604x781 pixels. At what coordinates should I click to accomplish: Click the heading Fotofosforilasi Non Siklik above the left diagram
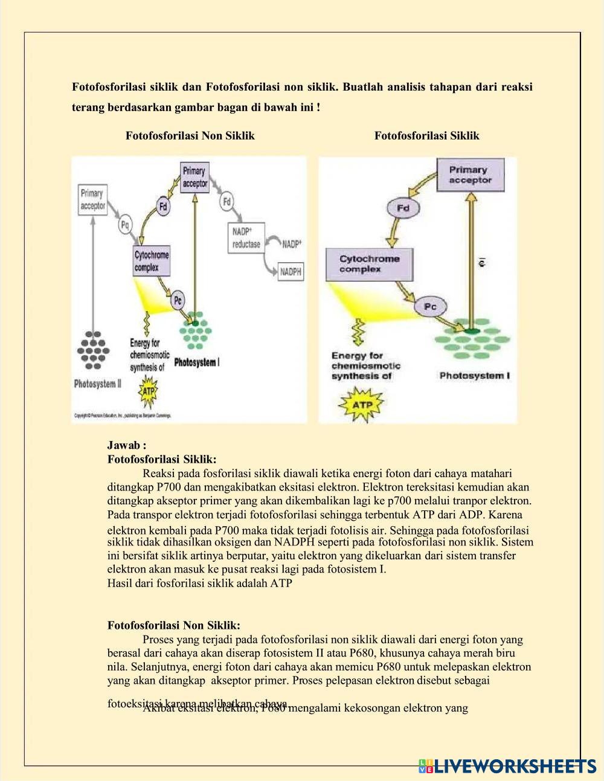(x=190, y=136)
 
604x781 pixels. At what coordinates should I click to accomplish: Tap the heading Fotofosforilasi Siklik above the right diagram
(x=426, y=136)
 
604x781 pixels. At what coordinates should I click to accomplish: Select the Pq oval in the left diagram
(x=125, y=225)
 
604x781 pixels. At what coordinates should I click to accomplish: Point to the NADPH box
(x=291, y=272)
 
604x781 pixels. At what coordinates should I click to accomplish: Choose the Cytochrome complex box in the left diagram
(x=152, y=261)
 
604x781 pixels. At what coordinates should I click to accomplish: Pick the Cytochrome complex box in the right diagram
(x=369, y=264)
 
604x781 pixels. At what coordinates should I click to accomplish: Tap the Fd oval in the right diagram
(x=403, y=208)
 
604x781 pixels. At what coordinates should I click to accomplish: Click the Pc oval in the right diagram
(x=429, y=307)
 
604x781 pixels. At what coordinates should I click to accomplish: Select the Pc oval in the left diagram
(x=178, y=300)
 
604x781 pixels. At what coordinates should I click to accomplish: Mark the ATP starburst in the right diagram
(x=361, y=403)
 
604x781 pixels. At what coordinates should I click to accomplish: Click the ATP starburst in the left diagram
(x=148, y=391)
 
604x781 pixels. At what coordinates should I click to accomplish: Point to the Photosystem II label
(x=97, y=384)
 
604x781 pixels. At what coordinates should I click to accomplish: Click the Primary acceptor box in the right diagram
(x=468, y=175)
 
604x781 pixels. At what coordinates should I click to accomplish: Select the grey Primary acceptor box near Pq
(x=93, y=200)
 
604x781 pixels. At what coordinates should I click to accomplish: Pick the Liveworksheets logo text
(x=513, y=766)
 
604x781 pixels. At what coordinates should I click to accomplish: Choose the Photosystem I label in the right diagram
(x=474, y=376)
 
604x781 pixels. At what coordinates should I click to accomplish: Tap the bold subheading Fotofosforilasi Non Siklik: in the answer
(x=173, y=625)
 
